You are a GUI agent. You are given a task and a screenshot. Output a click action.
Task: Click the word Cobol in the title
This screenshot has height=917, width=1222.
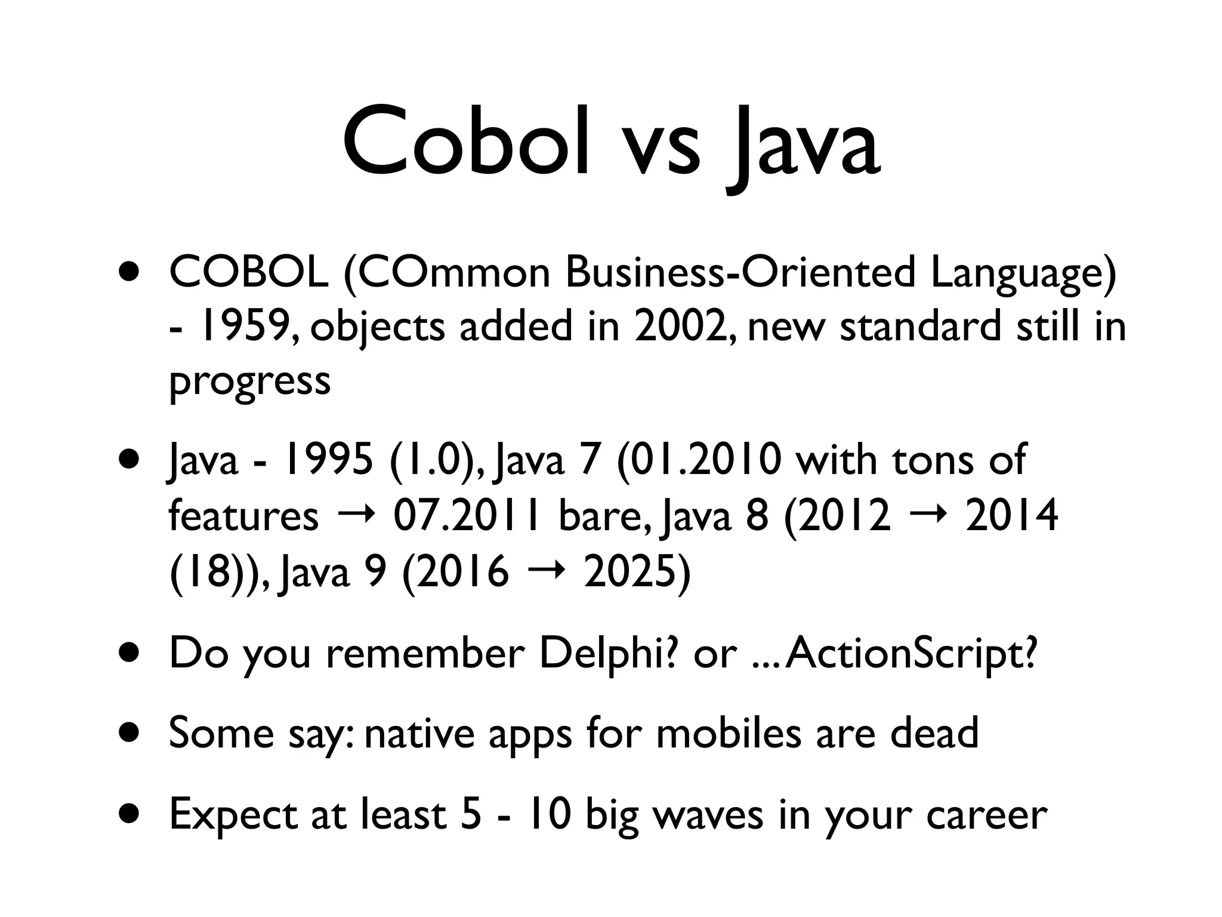[466, 144]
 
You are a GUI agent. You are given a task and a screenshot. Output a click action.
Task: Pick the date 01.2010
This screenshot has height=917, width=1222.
[699, 460]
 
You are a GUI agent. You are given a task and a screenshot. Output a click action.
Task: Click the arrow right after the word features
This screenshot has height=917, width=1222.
[356, 515]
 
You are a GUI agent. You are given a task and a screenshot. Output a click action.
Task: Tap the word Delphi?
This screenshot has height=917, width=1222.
[609, 654]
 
